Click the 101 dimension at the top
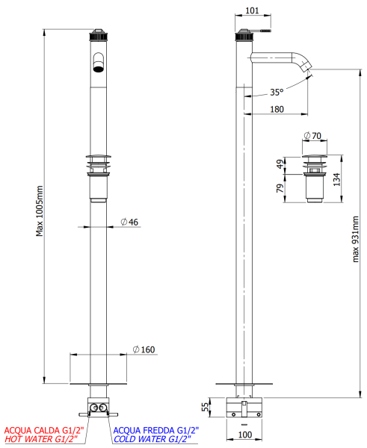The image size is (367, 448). [x=252, y=10]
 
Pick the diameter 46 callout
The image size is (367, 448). [x=129, y=223]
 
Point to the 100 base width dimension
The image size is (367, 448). [x=244, y=433]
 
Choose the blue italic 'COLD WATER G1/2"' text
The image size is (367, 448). [x=155, y=441]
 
